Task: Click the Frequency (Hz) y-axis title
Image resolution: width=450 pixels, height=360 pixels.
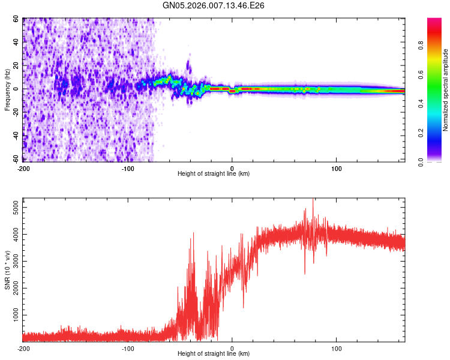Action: [7, 90]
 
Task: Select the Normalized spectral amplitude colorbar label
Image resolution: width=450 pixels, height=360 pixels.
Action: [446, 90]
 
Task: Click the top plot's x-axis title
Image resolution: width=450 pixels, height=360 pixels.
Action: [214, 174]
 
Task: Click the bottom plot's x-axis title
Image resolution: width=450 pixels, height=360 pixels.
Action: [214, 354]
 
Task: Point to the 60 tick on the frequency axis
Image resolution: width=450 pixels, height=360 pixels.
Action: [16, 19]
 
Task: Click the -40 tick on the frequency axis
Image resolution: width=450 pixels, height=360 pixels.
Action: [14, 136]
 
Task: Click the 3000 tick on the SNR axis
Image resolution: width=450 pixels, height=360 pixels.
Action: [12, 261]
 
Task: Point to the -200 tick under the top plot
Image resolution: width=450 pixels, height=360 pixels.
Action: [23, 169]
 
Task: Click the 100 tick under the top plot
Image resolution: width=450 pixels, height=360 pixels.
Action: [337, 169]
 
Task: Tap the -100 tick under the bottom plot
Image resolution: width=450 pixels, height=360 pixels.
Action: [128, 349]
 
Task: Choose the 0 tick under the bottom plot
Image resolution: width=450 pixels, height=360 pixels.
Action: [232, 349]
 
